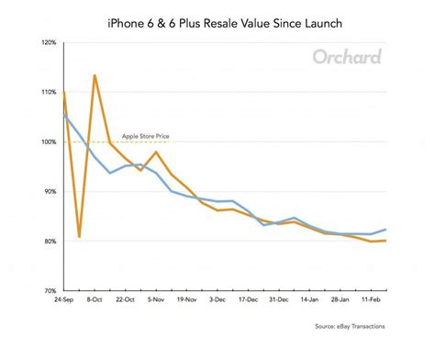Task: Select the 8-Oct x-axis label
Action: pyautogui.click(x=94, y=299)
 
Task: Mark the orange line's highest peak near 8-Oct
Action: pyautogui.click(x=95, y=75)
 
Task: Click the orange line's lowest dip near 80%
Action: pyautogui.click(x=79, y=237)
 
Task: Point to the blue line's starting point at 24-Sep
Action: pyautogui.click(x=63, y=115)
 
